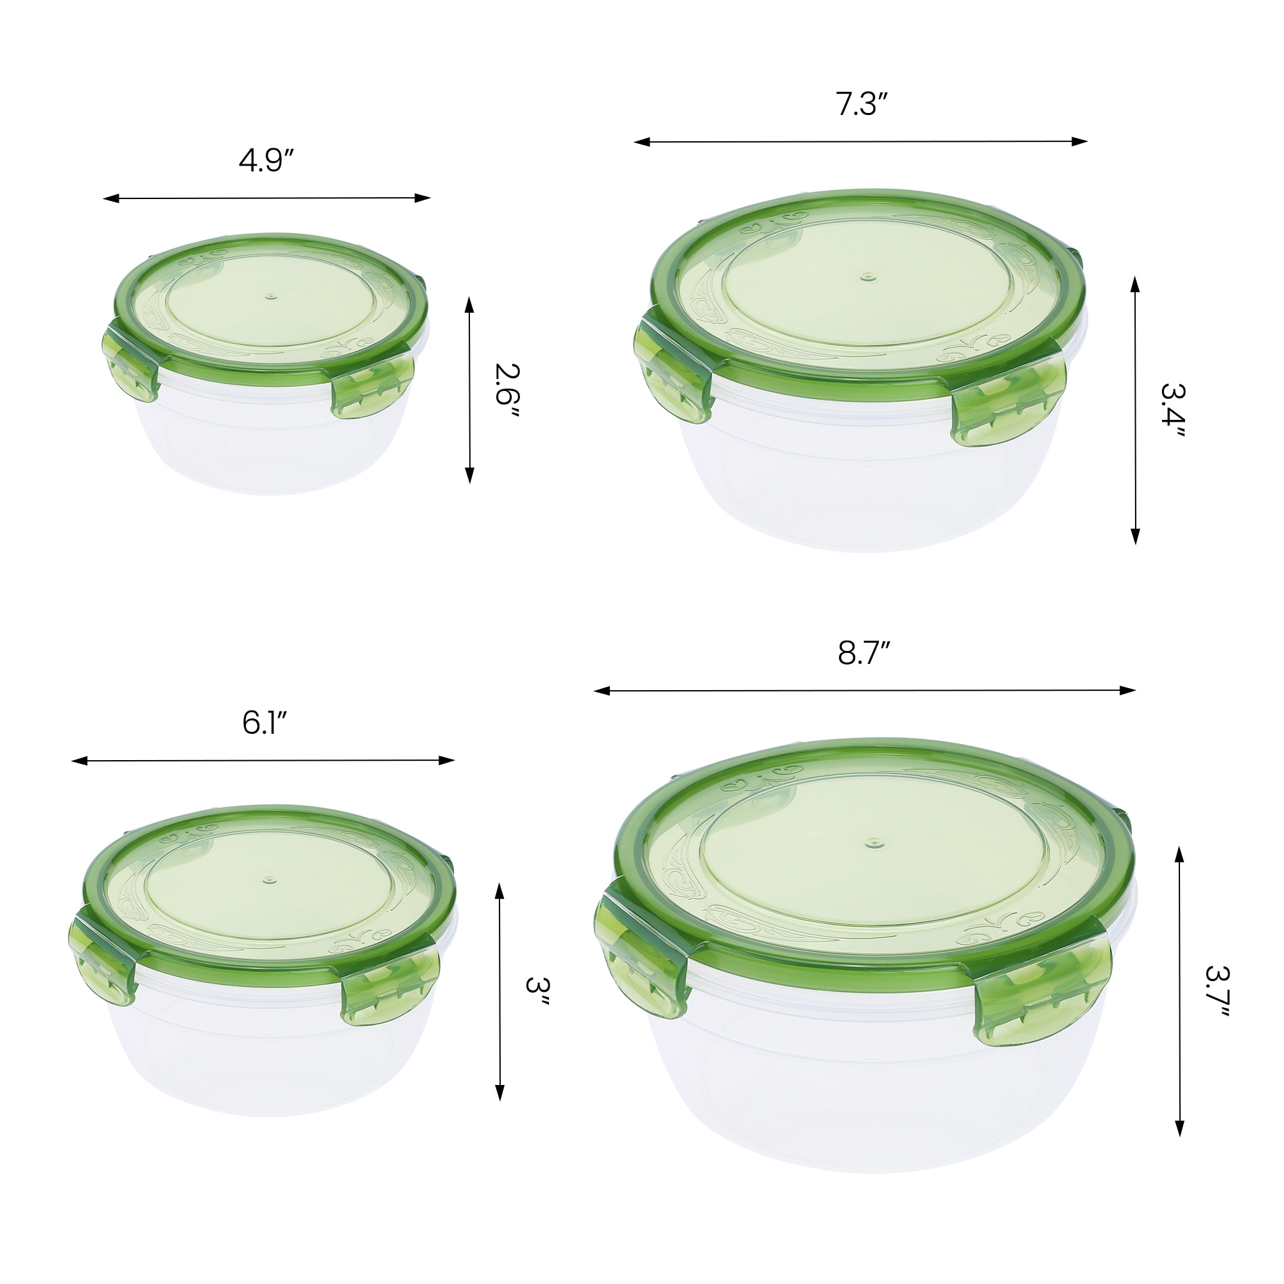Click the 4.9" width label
coord(266,162)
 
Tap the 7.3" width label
coord(862,105)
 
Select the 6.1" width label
coord(264,724)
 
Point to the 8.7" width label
coord(863,654)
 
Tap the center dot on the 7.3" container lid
coord(866,276)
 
